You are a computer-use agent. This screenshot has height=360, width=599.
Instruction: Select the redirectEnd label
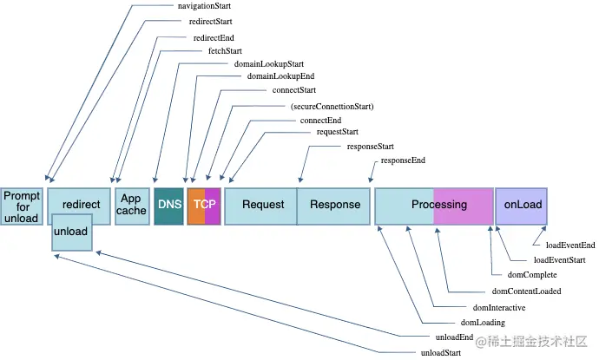tap(213, 38)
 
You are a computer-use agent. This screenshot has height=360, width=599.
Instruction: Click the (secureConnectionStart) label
tap(332, 107)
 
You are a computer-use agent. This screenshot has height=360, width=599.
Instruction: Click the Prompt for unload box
tap(22, 206)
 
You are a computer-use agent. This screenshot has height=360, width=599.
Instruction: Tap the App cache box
tap(132, 205)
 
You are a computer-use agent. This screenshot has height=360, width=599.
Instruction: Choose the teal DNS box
tap(169, 205)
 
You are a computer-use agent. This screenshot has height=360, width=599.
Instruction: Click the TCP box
tap(205, 205)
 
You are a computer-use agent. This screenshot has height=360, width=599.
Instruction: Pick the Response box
tap(335, 205)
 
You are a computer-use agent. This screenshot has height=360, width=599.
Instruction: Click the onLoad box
tap(522, 205)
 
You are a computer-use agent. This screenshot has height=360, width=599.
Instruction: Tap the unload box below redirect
tap(70, 232)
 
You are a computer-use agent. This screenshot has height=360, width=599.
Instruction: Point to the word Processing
tap(439, 205)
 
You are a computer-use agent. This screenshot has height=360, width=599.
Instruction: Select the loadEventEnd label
tap(570, 245)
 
